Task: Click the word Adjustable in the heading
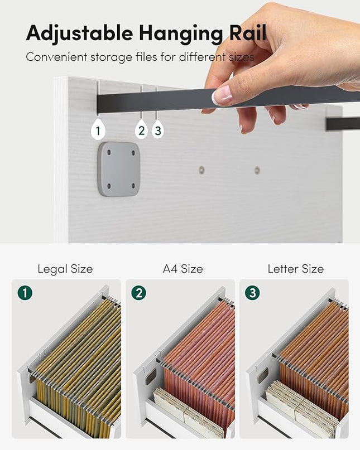click(79, 33)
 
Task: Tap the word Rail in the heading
click(247, 32)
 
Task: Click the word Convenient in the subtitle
click(56, 57)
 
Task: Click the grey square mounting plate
click(119, 169)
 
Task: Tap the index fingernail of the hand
click(222, 95)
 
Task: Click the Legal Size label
click(65, 269)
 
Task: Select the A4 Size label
click(183, 269)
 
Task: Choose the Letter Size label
click(296, 269)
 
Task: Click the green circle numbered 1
click(25, 293)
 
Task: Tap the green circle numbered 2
click(139, 293)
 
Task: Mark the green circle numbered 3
click(252, 293)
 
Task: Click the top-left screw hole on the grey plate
click(109, 153)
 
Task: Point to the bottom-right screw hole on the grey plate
click(133, 186)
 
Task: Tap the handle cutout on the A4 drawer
click(151, 377)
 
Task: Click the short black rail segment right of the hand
click(343, 124)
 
